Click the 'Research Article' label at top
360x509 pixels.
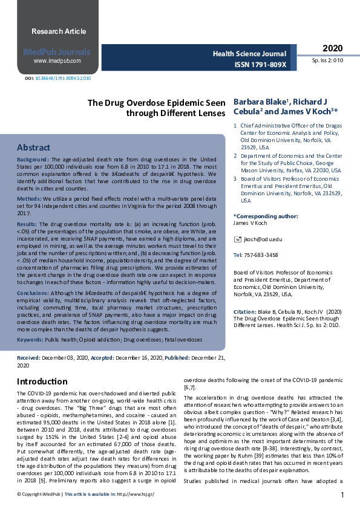pyautogui.click(x=59, y=31)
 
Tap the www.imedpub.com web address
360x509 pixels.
pyautogui.click(x=57, y=61)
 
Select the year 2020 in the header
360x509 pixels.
pyautogui.click(x=332, y=48)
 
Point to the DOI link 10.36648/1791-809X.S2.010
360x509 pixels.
pyautogui.click(x=63, y=78)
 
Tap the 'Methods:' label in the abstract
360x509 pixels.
pyautogui.click(x=30, y=198)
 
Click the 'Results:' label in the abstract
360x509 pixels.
pyautogui.click(x=28, y=224)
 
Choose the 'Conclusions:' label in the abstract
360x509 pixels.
pyautogui.click(x=33, y=293)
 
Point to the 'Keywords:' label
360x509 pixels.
pyautogui.click(x=30, y=340)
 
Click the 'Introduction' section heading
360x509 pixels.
pyautogui.click(x=42, y=381)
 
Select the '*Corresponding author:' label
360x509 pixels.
pyautogui.click(x=265, y=216)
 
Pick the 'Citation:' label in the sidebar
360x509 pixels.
pyautogui.click(x=245, y=312)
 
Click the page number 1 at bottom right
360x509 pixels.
pyautogui.click(x=342, y=495)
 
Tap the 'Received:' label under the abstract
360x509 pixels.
pyautogui.click(x=28, y=358)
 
